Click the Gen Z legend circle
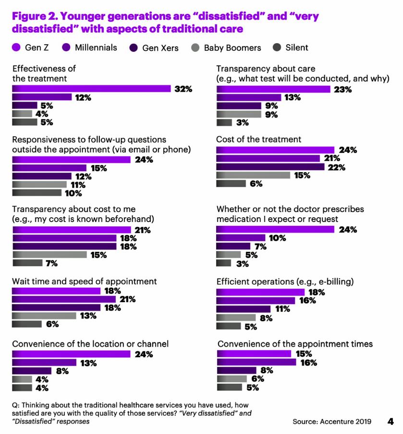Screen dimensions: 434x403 tap(16, 47)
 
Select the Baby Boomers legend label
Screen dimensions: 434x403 tap(232, 48)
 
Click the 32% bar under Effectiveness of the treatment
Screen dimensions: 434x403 tap(91, 89)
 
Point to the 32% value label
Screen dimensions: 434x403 tap(183, 89)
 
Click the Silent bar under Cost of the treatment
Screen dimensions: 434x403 tap(231, 184)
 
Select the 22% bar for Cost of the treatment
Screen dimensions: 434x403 tap(270, 167)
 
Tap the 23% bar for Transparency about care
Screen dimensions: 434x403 tap(273, 89)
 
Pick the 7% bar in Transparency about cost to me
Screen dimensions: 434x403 tap(27, 263)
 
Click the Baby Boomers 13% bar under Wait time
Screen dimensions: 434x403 tap(44, 316)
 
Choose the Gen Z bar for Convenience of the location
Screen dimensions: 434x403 tap(71, 354)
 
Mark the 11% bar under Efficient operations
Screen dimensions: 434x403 tap(244, 309)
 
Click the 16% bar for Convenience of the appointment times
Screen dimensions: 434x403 tap(256, 363)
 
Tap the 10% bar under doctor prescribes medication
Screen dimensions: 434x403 tap(241, 238)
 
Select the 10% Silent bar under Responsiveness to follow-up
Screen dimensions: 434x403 tap(37, 193)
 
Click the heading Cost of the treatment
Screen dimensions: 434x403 tap(259, 140)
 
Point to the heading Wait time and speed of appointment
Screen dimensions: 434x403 tap(85, 282)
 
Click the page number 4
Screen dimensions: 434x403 tap(390, 422)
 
